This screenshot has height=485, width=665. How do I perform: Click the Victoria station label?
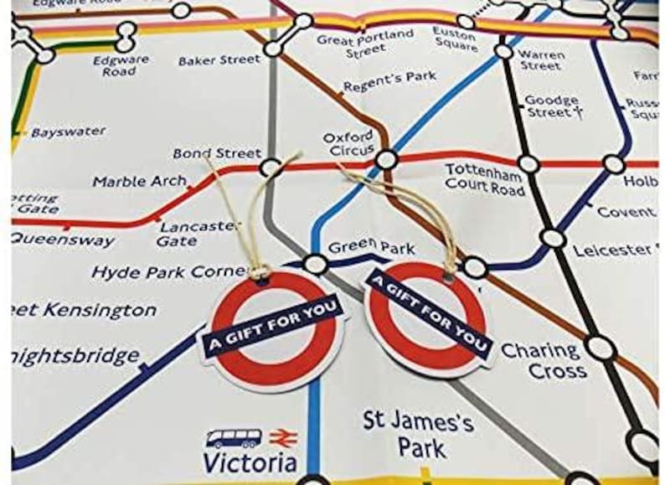[x=250, y=462]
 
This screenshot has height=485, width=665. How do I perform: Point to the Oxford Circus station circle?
[x=385, y=159]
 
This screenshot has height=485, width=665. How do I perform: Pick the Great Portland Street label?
[x=365, y=43]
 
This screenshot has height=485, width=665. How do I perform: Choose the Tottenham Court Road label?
[x=485, y=179]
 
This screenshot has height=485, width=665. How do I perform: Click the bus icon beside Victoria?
[x=234, y=437]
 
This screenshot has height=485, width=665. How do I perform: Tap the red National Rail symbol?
[x=279, y=437]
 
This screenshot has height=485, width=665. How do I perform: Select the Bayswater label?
[x=69, y=132]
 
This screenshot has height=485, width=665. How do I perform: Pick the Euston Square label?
[x=454, y=39]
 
